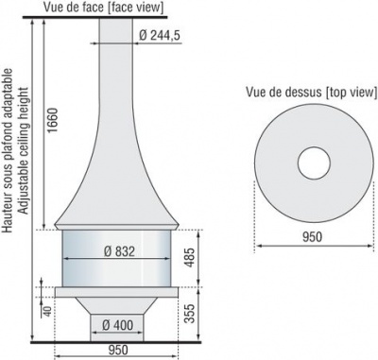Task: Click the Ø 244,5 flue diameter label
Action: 159,35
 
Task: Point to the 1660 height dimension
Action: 53,120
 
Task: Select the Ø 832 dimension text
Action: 119,251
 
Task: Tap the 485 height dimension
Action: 189,258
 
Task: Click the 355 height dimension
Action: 189,314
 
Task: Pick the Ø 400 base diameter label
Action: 117,325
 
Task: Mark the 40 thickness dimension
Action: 47,311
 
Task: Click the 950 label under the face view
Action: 118,350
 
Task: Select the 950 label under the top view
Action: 313,236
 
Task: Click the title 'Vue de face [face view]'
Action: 104,8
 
